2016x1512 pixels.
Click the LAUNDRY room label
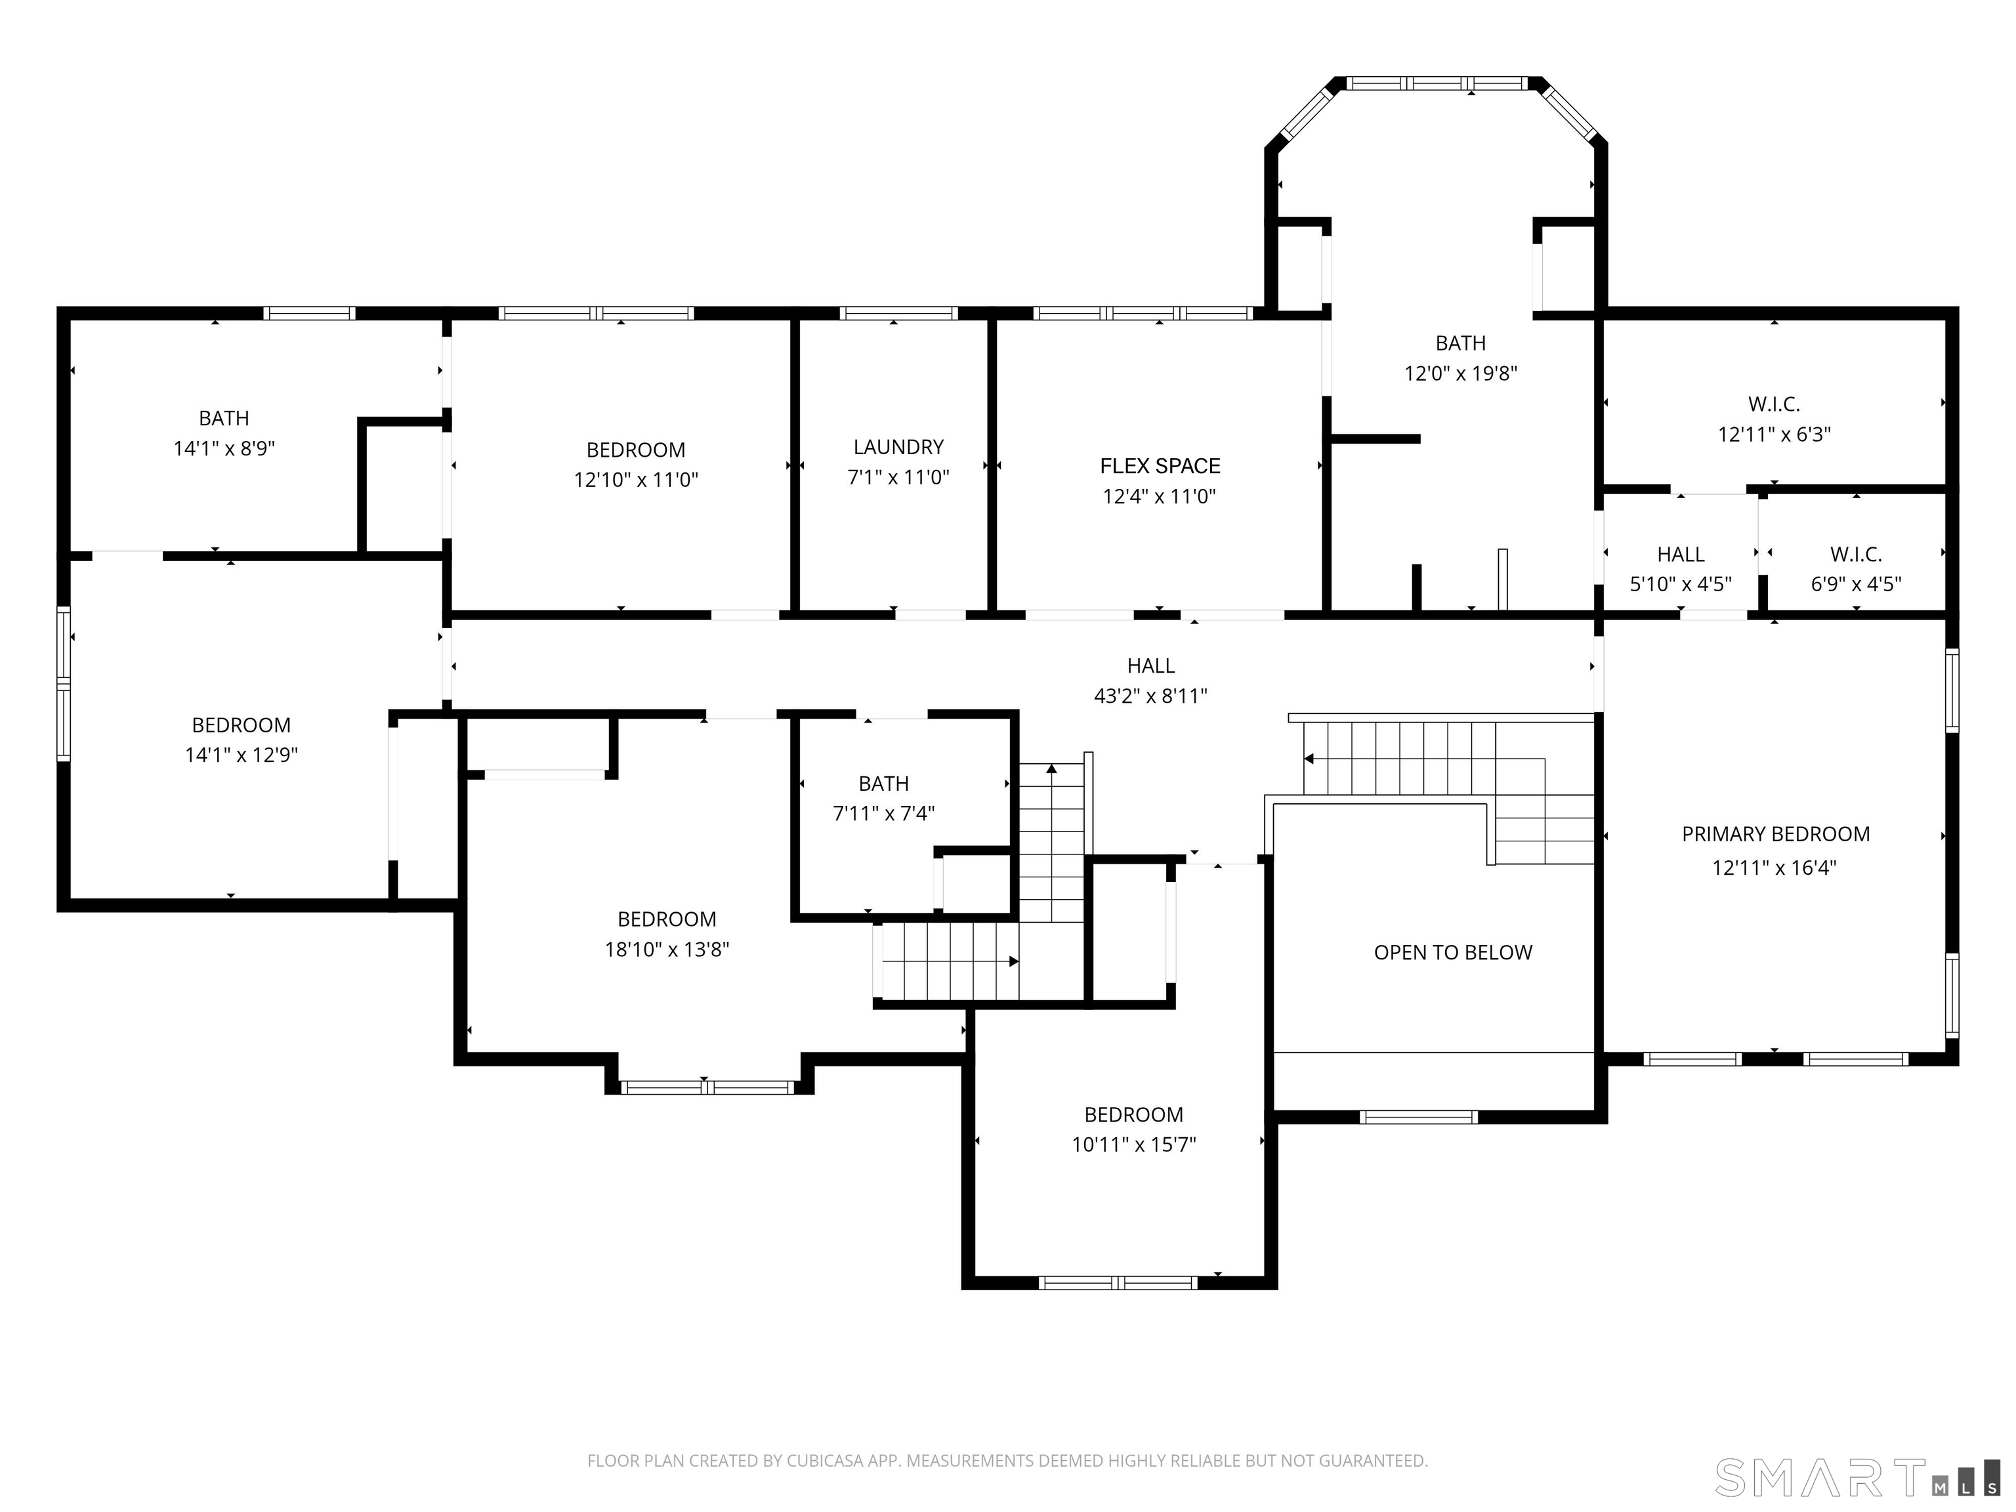click(898, 448)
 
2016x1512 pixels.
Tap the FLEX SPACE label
click(1160, 467)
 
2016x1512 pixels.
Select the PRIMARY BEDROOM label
click(1775, 834)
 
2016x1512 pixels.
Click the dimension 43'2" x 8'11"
click(1150, 696)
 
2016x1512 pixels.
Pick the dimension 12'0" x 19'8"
click(1460, 373)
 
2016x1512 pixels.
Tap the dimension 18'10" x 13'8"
click(667, 950)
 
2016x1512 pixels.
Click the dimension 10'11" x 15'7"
click(1134, 1144)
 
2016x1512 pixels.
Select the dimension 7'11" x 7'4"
click(883, 814)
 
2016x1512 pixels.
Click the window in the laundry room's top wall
click(898, 314)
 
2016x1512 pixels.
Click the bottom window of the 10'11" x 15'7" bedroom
click(1118, 1283)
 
